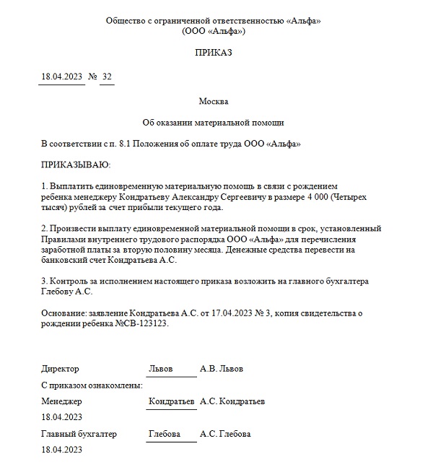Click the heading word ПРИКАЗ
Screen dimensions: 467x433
click(213, 53)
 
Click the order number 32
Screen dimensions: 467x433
click(107, 77)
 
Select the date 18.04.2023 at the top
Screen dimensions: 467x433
click(61, 77)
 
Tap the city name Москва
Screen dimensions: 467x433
click(213, 100)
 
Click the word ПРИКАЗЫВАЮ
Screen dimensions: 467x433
click(75, 165)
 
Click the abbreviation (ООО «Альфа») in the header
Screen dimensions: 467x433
click(213, 32)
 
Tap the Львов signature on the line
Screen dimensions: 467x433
click(160, 369)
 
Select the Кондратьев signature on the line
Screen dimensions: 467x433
click(171, 401)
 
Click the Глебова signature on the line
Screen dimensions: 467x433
click(164, 434)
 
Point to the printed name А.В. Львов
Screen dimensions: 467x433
click(222, 369)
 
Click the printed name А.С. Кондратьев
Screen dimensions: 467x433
click(232, 401)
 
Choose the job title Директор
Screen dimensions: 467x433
click(61, 369)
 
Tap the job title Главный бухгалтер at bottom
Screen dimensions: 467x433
click(79, 434)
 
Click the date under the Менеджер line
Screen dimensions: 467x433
click(61, 416)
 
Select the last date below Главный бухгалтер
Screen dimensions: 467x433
click(61, 450)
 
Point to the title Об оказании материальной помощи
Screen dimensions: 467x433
click(213, 123)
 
